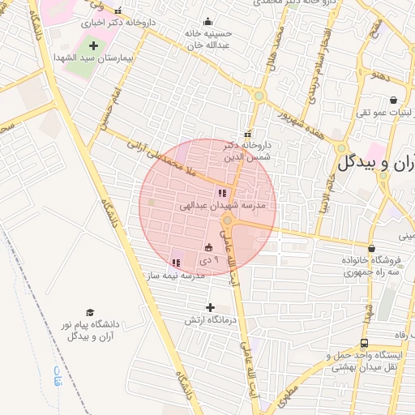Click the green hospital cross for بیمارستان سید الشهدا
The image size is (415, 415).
coord(92,45)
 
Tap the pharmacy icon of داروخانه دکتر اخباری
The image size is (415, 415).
coord(119,11)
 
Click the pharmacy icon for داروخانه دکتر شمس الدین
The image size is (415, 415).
coord(247,134)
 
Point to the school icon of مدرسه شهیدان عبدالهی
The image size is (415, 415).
coord(221,193)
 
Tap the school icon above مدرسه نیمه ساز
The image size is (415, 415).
coord(176,263)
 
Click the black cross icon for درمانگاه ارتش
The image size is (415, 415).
coord(211,307)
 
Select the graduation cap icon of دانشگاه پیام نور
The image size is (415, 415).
coord(90,313)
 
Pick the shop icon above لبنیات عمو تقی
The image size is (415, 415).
coord(393,101)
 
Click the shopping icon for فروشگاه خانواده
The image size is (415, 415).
coord(371,248)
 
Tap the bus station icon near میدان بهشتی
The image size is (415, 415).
coord(364,344)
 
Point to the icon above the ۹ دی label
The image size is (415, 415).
coord(209,247)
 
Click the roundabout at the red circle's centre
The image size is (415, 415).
coord(228,220)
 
